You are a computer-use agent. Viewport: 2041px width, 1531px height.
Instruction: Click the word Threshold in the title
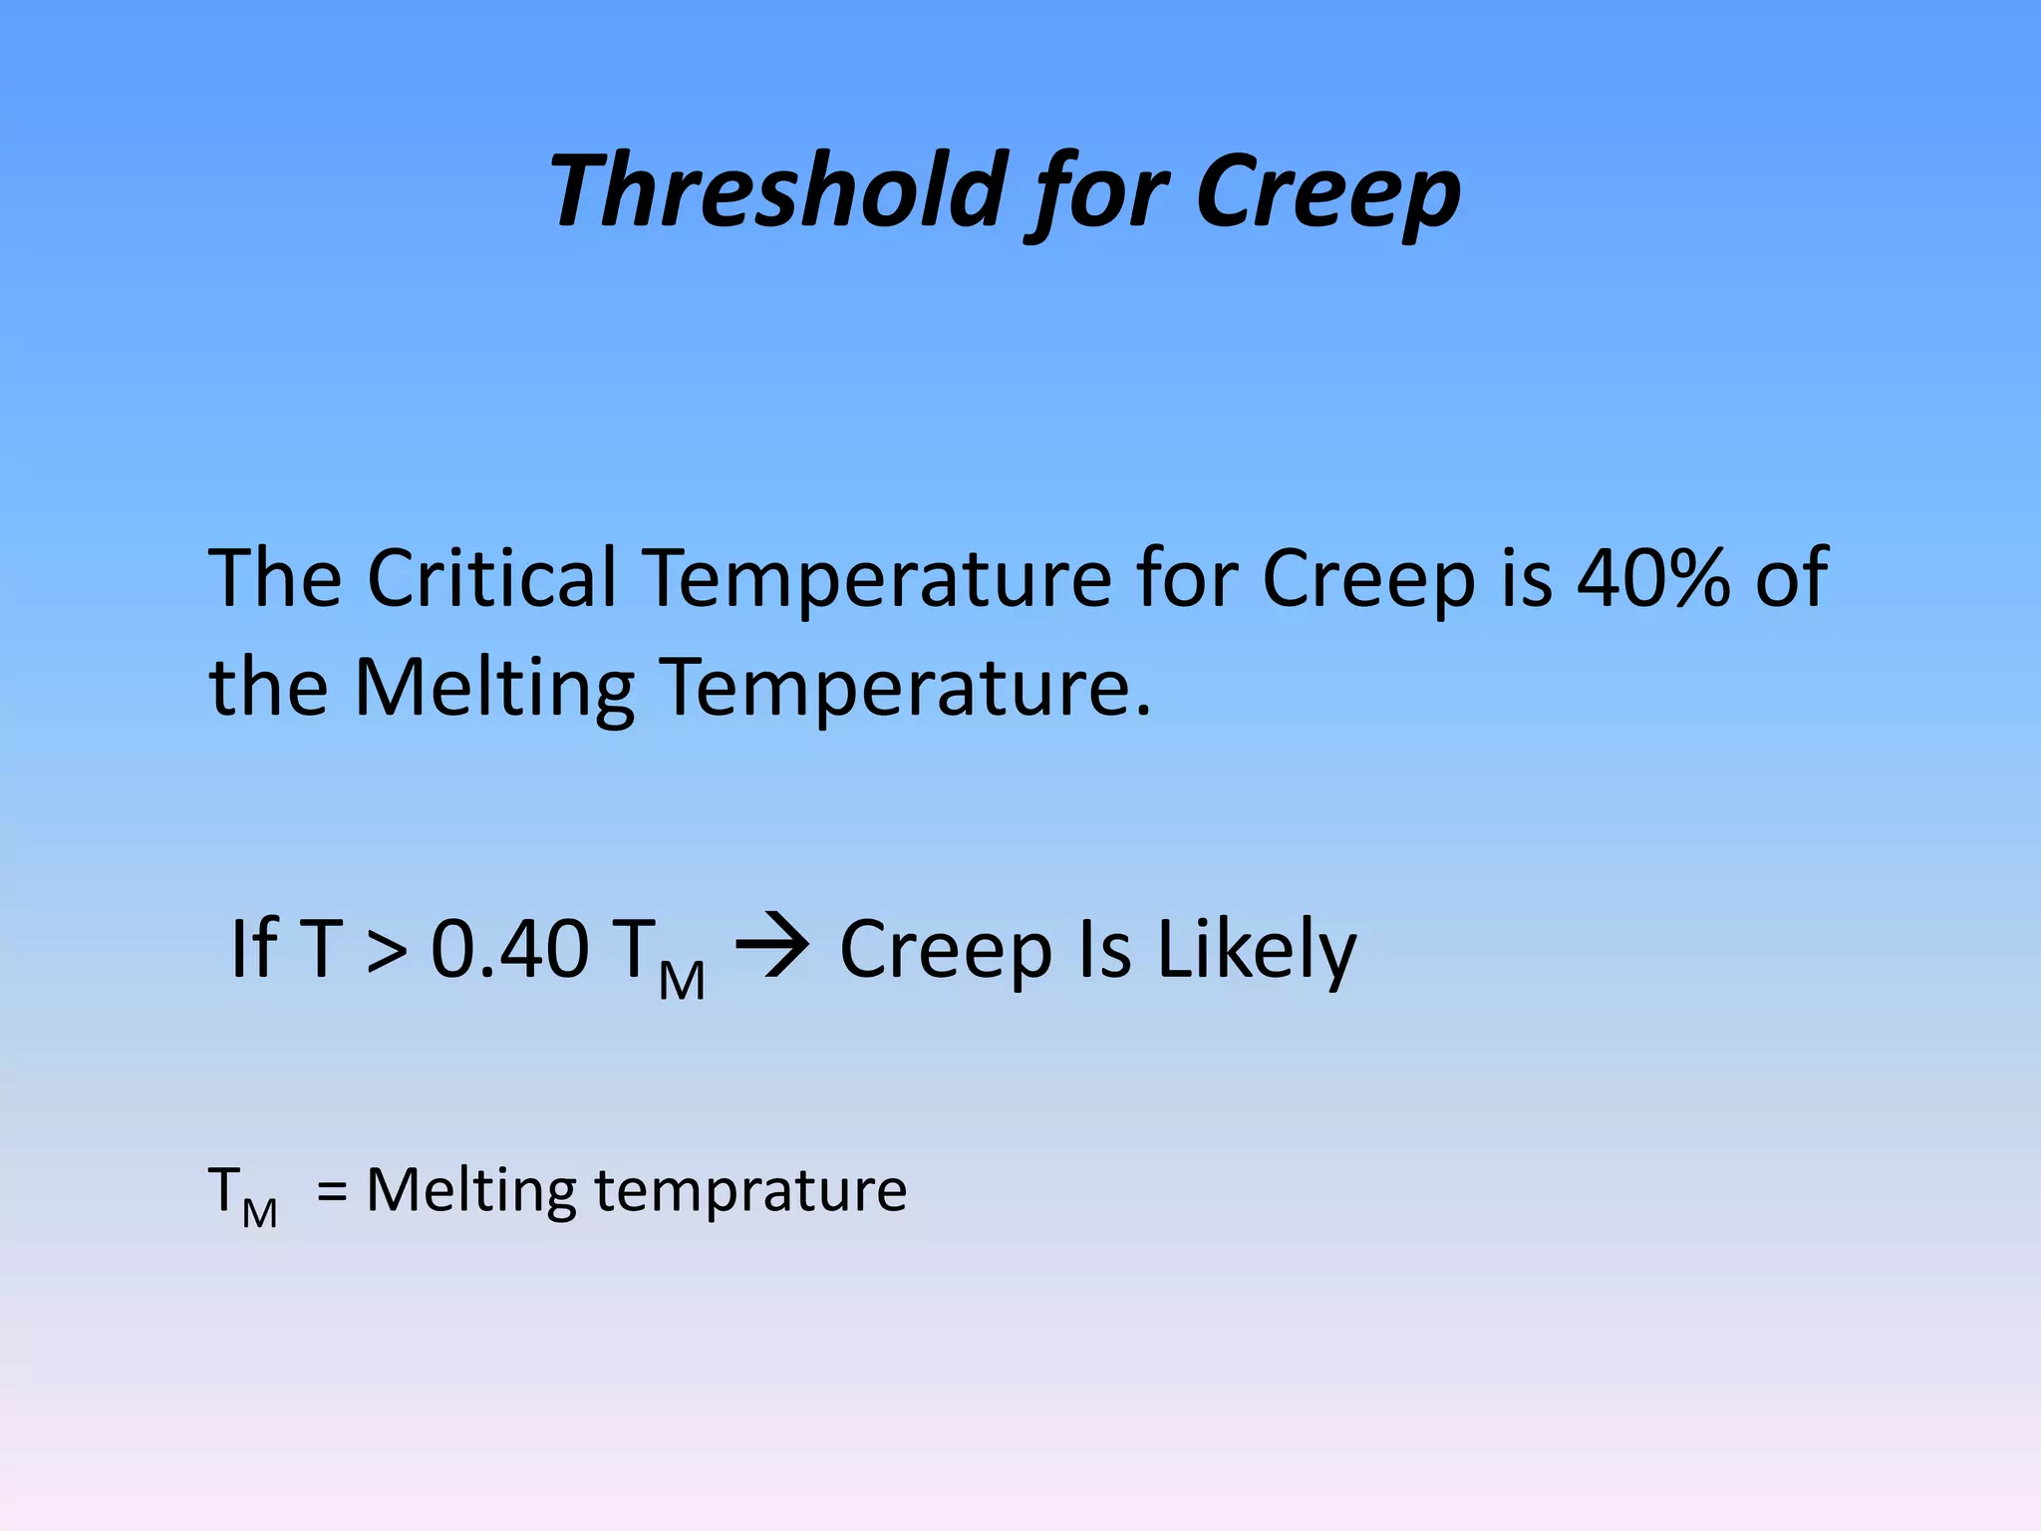click(778, 190)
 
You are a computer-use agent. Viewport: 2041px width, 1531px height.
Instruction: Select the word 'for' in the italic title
click(1100, 194)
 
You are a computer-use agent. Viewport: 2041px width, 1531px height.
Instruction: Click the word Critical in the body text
click(492, 578)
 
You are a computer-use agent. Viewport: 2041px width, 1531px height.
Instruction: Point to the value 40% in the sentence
click(1654, 578)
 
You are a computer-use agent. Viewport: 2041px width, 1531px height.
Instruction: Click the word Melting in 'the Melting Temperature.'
click(494, 688)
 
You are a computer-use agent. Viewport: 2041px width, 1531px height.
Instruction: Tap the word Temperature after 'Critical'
click(877, 578)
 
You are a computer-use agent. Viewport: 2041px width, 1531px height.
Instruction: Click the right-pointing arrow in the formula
click(772, 947)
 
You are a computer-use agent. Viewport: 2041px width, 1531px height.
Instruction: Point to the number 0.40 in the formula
click(509, 949)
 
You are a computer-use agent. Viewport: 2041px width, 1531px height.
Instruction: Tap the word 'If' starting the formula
click(253, 949)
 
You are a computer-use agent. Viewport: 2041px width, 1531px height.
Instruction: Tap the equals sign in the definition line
click(332, 1192)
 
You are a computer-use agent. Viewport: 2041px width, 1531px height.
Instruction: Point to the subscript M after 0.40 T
click(683, 981)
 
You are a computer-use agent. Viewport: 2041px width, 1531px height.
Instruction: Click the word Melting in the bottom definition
click(470, 1192)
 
